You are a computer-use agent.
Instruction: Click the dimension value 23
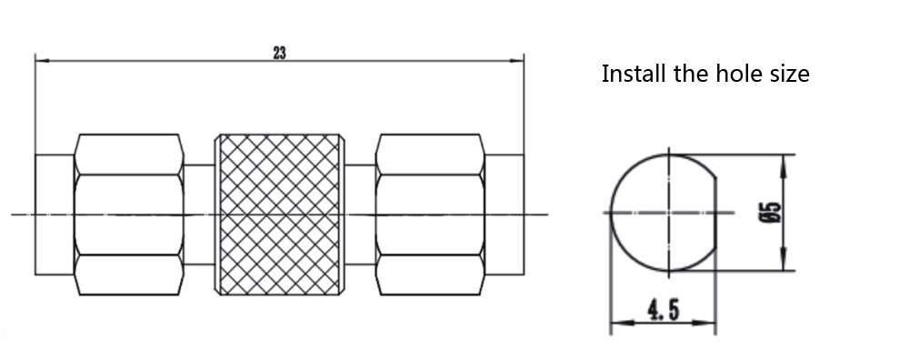pos(279,53)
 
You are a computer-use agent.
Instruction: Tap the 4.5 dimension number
pos(664,310)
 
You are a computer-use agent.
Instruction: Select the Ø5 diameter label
pos(773,212)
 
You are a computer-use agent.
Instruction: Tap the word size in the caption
pos(790,75)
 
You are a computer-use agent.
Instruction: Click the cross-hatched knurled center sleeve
pos(280,215)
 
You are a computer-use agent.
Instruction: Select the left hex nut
pos(129,215)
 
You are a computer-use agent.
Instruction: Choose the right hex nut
pos(430,215)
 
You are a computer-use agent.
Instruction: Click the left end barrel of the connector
pos(55,215)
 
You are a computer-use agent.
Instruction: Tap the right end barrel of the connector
pos(504,215)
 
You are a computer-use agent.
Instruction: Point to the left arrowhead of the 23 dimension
pos(42,60)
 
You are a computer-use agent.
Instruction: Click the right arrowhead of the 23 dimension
pos(517,60)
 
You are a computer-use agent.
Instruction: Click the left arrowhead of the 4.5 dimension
pos(618,323)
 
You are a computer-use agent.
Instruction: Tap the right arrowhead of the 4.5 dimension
pos(708,323)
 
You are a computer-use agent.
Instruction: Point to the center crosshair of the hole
pos(670,213)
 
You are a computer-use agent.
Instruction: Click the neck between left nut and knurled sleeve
pos(199,215)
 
